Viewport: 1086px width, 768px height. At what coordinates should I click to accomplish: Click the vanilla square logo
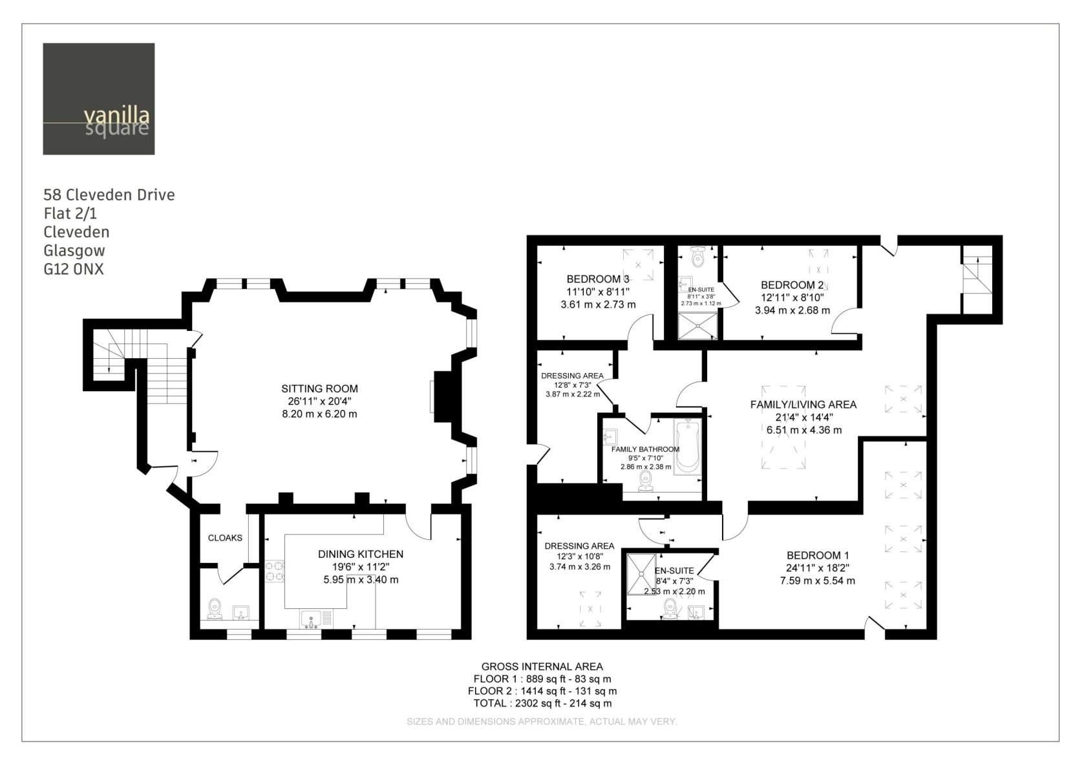pyautogui.click(x=99, y=99)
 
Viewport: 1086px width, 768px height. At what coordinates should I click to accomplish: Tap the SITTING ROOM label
pyautogui.click(x=319, y=389)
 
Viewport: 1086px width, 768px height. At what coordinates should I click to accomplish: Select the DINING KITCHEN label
pyautogui.click(x=361, y=554)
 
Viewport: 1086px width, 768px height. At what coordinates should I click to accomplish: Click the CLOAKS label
pyautogui.click(x=225, y=538)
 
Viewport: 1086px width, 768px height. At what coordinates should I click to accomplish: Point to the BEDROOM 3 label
pyautogui.click(x=598, y=279)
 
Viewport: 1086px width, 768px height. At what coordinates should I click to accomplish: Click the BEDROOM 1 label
pyautogui.click(x=817, y=555)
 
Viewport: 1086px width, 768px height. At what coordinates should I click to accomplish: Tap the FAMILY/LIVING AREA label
pyautogui.click(x=804, y=405)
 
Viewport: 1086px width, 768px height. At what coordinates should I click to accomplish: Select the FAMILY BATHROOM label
pyautogui.click(x=645, y=449)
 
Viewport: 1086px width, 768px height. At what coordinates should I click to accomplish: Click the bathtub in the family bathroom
pyautogui.click(x=688, y=447)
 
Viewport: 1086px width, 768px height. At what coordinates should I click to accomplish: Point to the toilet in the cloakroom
pyautogui.click(x=215, y=609)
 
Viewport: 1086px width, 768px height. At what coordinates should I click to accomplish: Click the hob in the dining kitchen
pyautogui.click(x=275, y=571)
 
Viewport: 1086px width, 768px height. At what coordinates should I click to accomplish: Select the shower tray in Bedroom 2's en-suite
pyautogui.click(x=697, y=326)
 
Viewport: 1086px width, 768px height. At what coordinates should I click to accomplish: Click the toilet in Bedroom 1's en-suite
pyautogui.click(x=670, y=609)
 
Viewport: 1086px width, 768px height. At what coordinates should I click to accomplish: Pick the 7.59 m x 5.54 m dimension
pyautogui.click(x=817, y=581)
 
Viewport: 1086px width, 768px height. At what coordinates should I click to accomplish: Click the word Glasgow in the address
pyautogui.click(x=74, y=251)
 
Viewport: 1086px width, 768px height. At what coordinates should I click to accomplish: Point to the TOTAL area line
pyautogui.click(x=542, y=703)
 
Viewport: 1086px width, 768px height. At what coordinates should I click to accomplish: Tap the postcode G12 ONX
pyautogui.click(x=74, y=269)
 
